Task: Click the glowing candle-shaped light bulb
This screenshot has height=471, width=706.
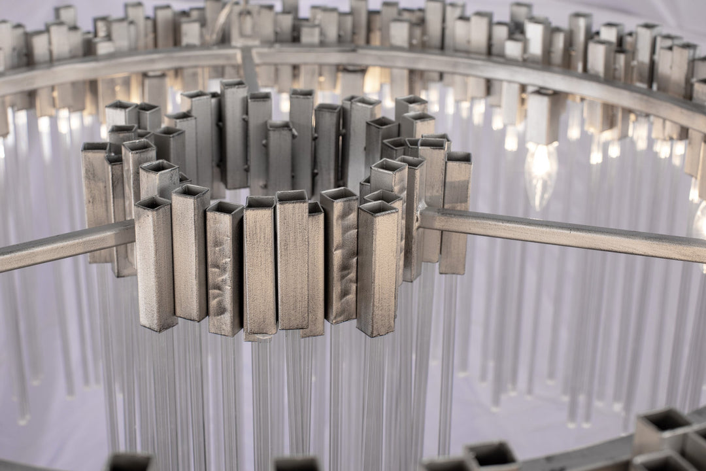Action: tap(541, 173)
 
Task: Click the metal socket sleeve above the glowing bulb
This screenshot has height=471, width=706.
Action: tap(541, 118)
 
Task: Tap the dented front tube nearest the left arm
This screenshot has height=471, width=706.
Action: tap(224, 271)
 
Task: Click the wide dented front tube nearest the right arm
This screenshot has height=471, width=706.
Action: tap(341, 258)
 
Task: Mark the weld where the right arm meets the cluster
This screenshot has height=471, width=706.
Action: tap(424, 219)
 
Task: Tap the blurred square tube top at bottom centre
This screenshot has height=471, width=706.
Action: tap(296, 464)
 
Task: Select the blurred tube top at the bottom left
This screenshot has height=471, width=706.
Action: tap(129, 463)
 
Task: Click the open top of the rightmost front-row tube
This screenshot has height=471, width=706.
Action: tap(378, 209)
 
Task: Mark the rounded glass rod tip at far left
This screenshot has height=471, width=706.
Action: tap(24, 418)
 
